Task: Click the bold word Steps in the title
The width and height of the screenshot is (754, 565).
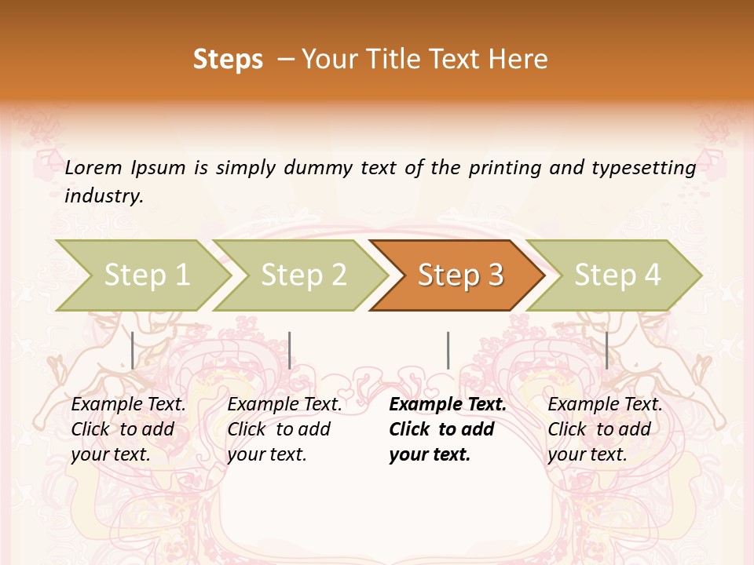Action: [228, 60]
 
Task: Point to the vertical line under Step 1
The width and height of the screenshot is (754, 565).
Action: [133, 350]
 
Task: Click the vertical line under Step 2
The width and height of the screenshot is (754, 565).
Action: [290, 350]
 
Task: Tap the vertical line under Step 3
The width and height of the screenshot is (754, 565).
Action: [448, 350]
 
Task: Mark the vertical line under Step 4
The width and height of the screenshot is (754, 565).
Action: [606, 350]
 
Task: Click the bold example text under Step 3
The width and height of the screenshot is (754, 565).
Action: [447, 429]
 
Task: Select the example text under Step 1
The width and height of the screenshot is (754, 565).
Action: [128, 429]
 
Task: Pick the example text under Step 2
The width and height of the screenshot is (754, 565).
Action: [284, 429]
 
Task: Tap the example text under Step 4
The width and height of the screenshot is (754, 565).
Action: [605, 429]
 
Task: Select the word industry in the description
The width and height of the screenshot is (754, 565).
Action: [103, 195]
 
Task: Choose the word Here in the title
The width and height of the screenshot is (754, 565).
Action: [520, 60]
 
